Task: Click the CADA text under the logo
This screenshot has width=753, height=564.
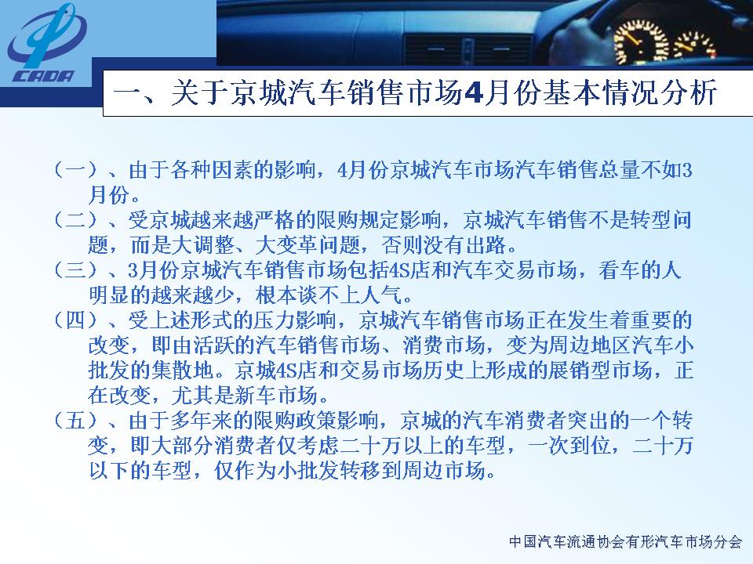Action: pos(44,76)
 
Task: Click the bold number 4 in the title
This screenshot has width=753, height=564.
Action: pos(474,92)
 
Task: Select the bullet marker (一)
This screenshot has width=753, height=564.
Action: pos(75,170)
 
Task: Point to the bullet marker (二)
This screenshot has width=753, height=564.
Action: pos(75,220)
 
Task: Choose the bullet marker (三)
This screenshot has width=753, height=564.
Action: pos(75,270)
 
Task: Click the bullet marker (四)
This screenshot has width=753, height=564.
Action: pos(75,320)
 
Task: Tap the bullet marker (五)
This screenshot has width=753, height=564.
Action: pos(75,421)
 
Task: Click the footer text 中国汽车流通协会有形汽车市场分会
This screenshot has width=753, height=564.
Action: pos(625,542)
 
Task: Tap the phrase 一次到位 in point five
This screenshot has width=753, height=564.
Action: pos(569,446)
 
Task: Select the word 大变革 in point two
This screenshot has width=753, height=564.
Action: pos(287,245)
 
